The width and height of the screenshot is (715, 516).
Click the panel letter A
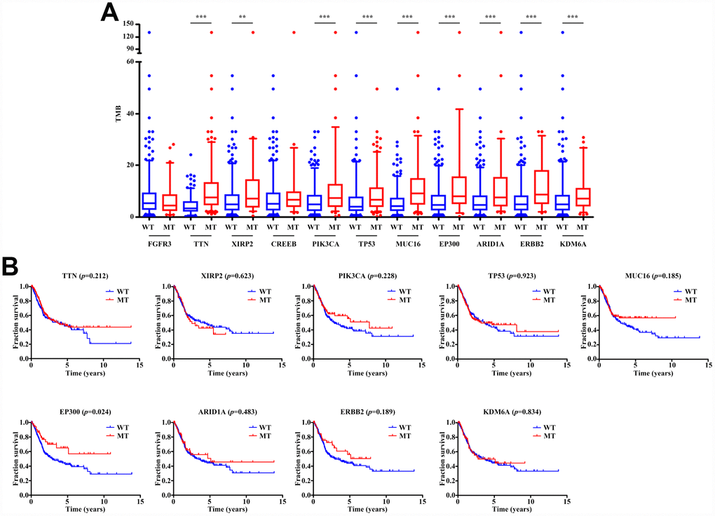coord(110,12)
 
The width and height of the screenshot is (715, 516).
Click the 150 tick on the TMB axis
coord(128,23)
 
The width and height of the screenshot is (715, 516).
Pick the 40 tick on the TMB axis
coord(130,114)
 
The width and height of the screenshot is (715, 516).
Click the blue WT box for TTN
coord(190,206)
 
